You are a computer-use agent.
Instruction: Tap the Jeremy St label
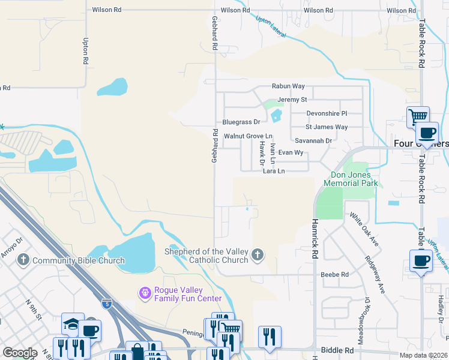[292, 100]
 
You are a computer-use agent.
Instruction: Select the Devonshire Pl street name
[327, 113]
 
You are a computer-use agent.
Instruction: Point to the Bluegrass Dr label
[241, 122]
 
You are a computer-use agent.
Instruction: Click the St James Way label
[327, 127]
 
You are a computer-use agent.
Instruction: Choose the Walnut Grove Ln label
[248, 136]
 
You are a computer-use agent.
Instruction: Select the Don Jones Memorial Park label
[351, 178]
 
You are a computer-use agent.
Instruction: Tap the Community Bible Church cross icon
[23, 260]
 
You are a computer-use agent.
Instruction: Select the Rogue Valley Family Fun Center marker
[144, 293]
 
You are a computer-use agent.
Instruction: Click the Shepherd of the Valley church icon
[258, 255]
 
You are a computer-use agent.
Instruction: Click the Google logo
[20, 353]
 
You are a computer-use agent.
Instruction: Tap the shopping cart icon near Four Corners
[417, 115]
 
